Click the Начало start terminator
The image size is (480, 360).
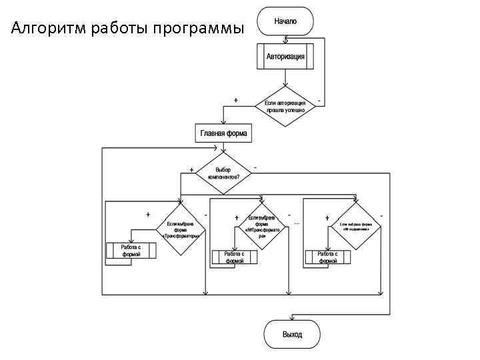coord(285,21)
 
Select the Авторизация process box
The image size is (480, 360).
coord(285,57)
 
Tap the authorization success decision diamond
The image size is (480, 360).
coord(285,106)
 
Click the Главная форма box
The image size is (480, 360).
coord(223,133)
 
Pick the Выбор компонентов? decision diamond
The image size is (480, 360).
coord(223,174)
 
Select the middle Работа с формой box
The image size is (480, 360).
coord(235,257)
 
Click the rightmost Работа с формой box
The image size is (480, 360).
coord(328,257)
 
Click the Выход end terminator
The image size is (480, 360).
coord(292,334)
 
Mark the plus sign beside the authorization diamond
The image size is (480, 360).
coord(235,99)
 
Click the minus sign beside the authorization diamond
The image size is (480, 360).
coord(320,101)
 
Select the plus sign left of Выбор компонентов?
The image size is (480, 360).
coord(191,169)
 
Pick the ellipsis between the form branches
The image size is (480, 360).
coord(297,222)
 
